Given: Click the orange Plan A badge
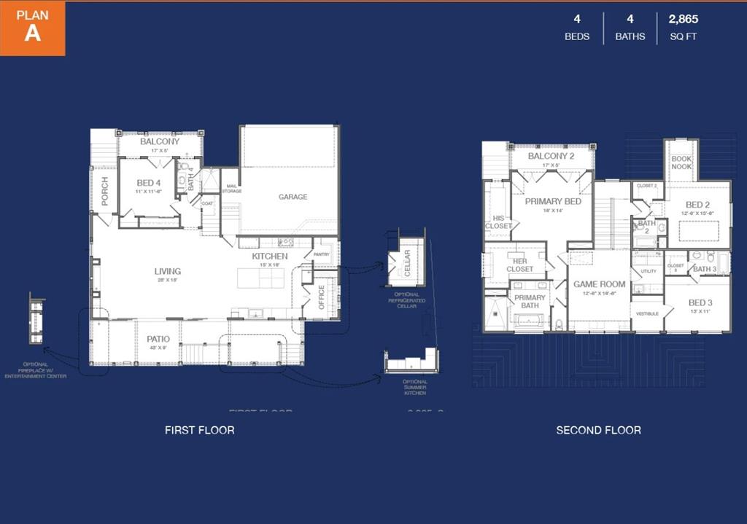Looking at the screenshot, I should [x=33, y=28].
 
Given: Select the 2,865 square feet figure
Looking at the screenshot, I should [x=683, y=20].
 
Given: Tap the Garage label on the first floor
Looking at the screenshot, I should [x=293, y=197].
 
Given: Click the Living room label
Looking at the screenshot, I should [x=167, y=271].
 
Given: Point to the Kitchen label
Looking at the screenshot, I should [x=270, y=257].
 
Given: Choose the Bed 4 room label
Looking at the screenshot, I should [x=148, y=183].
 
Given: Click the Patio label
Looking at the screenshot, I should [x=158, y=339].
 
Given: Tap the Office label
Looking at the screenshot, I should [x=322, y=297].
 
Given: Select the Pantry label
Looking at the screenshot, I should [x=322, y=254].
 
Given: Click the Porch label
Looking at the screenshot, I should [x=105, y=191].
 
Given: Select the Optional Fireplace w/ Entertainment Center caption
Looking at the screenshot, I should [x=36, y=369].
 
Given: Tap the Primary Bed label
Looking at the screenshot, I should [x=553, y=201].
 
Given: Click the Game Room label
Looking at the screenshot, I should [x=599, y=284].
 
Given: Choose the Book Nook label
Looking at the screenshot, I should [x=681, y=163].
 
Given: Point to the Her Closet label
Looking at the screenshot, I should [x=519, y=265].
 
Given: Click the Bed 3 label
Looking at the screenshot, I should [x=700, y=302].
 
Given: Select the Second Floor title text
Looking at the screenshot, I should [x=598, y=430].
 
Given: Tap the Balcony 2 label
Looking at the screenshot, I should [x=551, y=156].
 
